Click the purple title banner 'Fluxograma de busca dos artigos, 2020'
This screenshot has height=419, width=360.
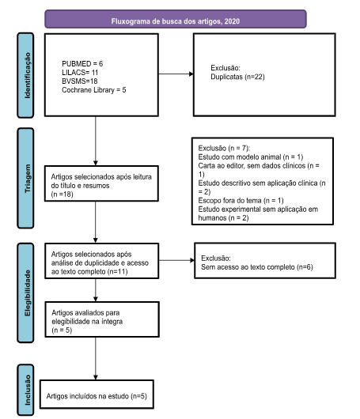[x=176, y=19]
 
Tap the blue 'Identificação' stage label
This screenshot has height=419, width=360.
[x=25, y=75]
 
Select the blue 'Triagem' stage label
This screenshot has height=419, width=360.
[x=25, y=178]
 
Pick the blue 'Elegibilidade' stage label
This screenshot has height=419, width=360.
[x=25, y=293]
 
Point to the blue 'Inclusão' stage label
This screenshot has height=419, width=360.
[x=25, y=390]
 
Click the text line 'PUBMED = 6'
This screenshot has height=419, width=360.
[x=82, y=63]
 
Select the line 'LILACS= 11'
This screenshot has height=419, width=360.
[x=80, y=73]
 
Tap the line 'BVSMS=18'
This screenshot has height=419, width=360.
[x=80, y=81]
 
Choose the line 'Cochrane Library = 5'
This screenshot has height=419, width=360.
[x=94, y=90]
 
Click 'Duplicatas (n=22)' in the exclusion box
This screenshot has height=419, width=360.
[x=237, y=77]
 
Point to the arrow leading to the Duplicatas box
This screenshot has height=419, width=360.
[x=176, y=74]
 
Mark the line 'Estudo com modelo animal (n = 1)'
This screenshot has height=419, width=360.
[x=251, y=157]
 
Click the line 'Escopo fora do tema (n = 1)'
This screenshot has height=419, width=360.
[x=241, y=201]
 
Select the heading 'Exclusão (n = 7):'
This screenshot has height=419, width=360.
[x=224, y=148]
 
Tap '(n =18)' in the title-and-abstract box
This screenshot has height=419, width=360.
[x=62, y=194]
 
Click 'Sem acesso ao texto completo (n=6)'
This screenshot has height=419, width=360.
[x=257, y=267]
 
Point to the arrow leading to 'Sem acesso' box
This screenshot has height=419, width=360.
[x=176, y=260]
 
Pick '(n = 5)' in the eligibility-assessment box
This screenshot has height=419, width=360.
[x=62, y=330]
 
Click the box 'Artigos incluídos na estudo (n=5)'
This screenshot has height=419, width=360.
[x=97, y=394]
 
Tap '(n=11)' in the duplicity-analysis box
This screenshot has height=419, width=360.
[x=117, y=272]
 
